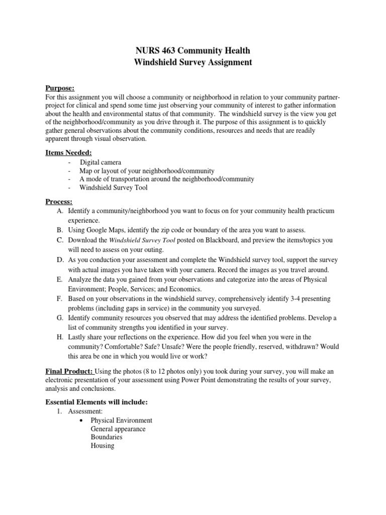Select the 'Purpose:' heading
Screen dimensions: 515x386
60,88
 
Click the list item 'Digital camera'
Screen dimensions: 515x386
101,162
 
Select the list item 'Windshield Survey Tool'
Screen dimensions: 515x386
114,188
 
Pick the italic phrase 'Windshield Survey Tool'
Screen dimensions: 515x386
142,240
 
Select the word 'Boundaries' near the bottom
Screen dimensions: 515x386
106,437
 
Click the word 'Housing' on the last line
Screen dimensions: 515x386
102,446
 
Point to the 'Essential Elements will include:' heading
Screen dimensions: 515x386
96,402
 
